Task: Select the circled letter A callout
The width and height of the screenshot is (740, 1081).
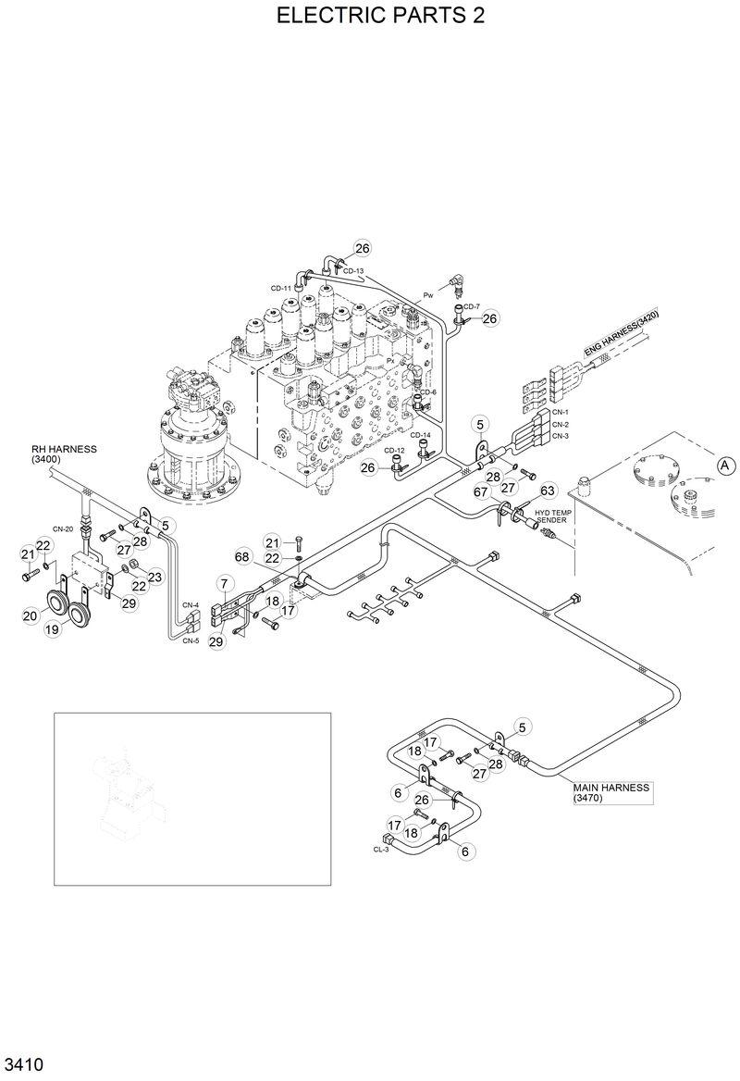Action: pos(726,466)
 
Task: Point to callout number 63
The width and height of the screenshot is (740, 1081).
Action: pos(547,490)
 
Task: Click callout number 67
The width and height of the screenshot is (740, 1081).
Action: pos(481,492)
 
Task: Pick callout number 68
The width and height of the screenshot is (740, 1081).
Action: pos(242,557)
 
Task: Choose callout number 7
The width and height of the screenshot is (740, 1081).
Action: pos(224,583)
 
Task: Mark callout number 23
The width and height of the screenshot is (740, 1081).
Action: pos(154,577)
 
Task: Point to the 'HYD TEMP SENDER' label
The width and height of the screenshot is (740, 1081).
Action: pos(554,516)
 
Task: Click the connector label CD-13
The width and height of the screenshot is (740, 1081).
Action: pos(353,271)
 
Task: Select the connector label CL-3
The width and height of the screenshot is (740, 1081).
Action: pos(381,849)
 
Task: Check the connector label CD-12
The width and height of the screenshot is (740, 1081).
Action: pos(395,451)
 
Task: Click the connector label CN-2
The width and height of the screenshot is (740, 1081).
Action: pos(561,424)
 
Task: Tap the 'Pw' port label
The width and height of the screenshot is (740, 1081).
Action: pos(428,294)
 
